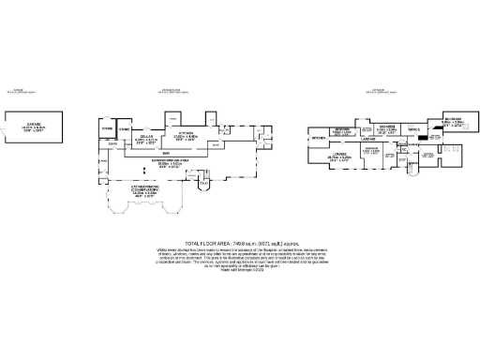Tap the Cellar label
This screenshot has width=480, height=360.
(146, 136)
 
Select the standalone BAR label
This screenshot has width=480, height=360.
(165, 152)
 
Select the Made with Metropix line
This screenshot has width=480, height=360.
(241, 272)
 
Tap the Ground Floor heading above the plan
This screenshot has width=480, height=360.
(174, 91)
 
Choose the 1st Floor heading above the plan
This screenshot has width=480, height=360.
(381, 91)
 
